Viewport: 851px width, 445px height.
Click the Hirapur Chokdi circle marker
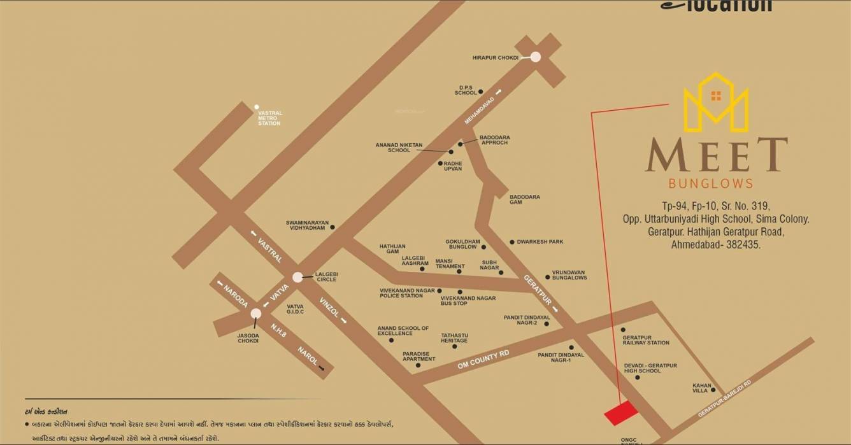tap(535, 57)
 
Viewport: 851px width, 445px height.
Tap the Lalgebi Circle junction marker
tap(297, 277)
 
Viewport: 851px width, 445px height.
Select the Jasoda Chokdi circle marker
tap(256, 313)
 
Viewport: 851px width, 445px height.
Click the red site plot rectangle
tap(621, 413)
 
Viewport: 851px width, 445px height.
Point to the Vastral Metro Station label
tap(269, 118)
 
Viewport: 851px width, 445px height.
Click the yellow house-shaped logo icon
tap(716, 102)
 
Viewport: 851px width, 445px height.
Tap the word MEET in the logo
tap(716, 155)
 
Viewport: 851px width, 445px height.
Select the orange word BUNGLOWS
tap(710, 184)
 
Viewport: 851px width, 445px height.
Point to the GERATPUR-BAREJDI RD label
tap(725, 399)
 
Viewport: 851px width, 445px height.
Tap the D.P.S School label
tap(466, 90)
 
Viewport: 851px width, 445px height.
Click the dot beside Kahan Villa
tap(713, 390)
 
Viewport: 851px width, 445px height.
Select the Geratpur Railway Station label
tap(646, 340)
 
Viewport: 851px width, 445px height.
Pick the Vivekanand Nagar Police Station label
tap(401, 293)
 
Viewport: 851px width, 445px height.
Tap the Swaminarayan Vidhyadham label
tap(307, 225)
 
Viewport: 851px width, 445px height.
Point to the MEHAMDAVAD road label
tap(479, 108)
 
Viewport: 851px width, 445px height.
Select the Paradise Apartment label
tap(418, 357)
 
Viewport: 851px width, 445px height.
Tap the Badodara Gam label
tap(524, 199)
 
